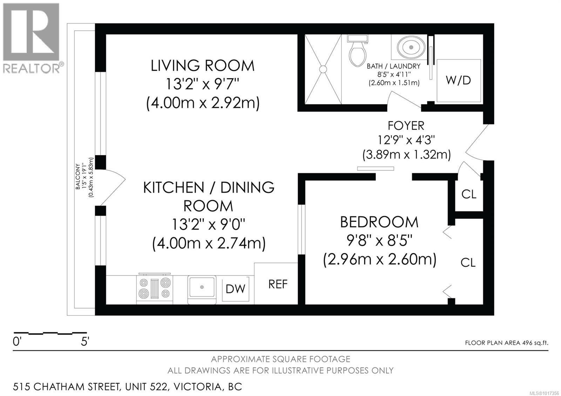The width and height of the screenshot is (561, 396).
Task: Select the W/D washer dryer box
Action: (458, 80)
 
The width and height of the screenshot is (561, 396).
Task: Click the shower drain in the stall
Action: (323, 69)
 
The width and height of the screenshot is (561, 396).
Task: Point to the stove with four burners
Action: (154, 287)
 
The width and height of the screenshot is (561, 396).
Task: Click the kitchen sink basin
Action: (202, 287)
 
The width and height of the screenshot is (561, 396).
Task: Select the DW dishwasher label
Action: (235, 289)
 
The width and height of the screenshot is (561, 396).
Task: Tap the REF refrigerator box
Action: (278, 284)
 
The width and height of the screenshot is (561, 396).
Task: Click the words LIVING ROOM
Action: (202, 66)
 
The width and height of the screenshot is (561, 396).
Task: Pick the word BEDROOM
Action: (379, 222)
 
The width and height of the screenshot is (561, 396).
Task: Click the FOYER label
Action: (406, 125)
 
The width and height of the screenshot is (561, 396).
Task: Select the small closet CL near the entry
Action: (469, 194)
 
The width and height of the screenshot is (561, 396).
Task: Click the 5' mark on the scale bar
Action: (85, 341)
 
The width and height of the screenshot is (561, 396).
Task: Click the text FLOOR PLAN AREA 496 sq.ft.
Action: (506, 343)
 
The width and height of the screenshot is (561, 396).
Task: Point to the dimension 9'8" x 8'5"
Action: (379, 241)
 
